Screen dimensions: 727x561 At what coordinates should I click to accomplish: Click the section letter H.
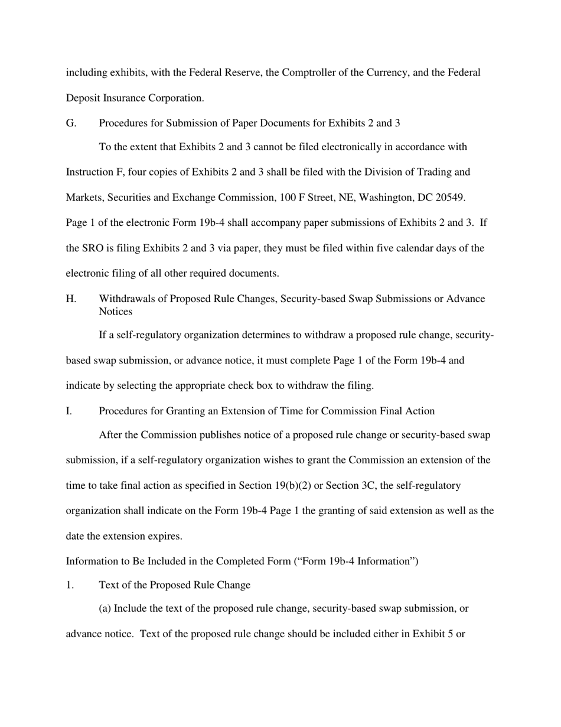pos(71,298)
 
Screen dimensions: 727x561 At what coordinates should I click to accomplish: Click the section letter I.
pos(69,411)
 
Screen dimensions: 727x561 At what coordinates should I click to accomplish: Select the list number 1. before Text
pos(70,585)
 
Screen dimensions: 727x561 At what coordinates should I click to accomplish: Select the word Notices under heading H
pos(115,311)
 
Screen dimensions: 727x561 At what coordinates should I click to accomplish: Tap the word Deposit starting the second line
pos(83,98)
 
